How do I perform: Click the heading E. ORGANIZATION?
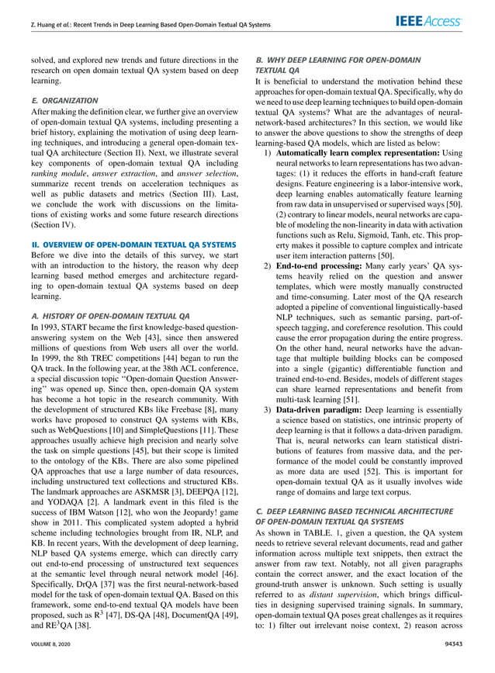click(x=65, y=101)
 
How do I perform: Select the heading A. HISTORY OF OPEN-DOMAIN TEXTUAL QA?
click(x=109, y=317)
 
